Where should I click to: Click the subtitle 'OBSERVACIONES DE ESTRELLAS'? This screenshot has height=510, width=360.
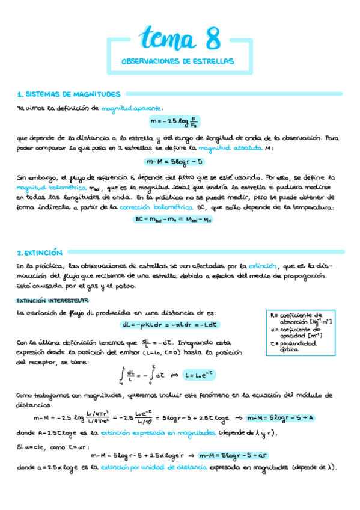[178, 62]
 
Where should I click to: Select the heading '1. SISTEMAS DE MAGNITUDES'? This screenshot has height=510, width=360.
[69, 94]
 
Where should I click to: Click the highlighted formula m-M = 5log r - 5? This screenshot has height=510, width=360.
[174, 162]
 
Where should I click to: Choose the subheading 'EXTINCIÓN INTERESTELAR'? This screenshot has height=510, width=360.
[53, 300]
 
